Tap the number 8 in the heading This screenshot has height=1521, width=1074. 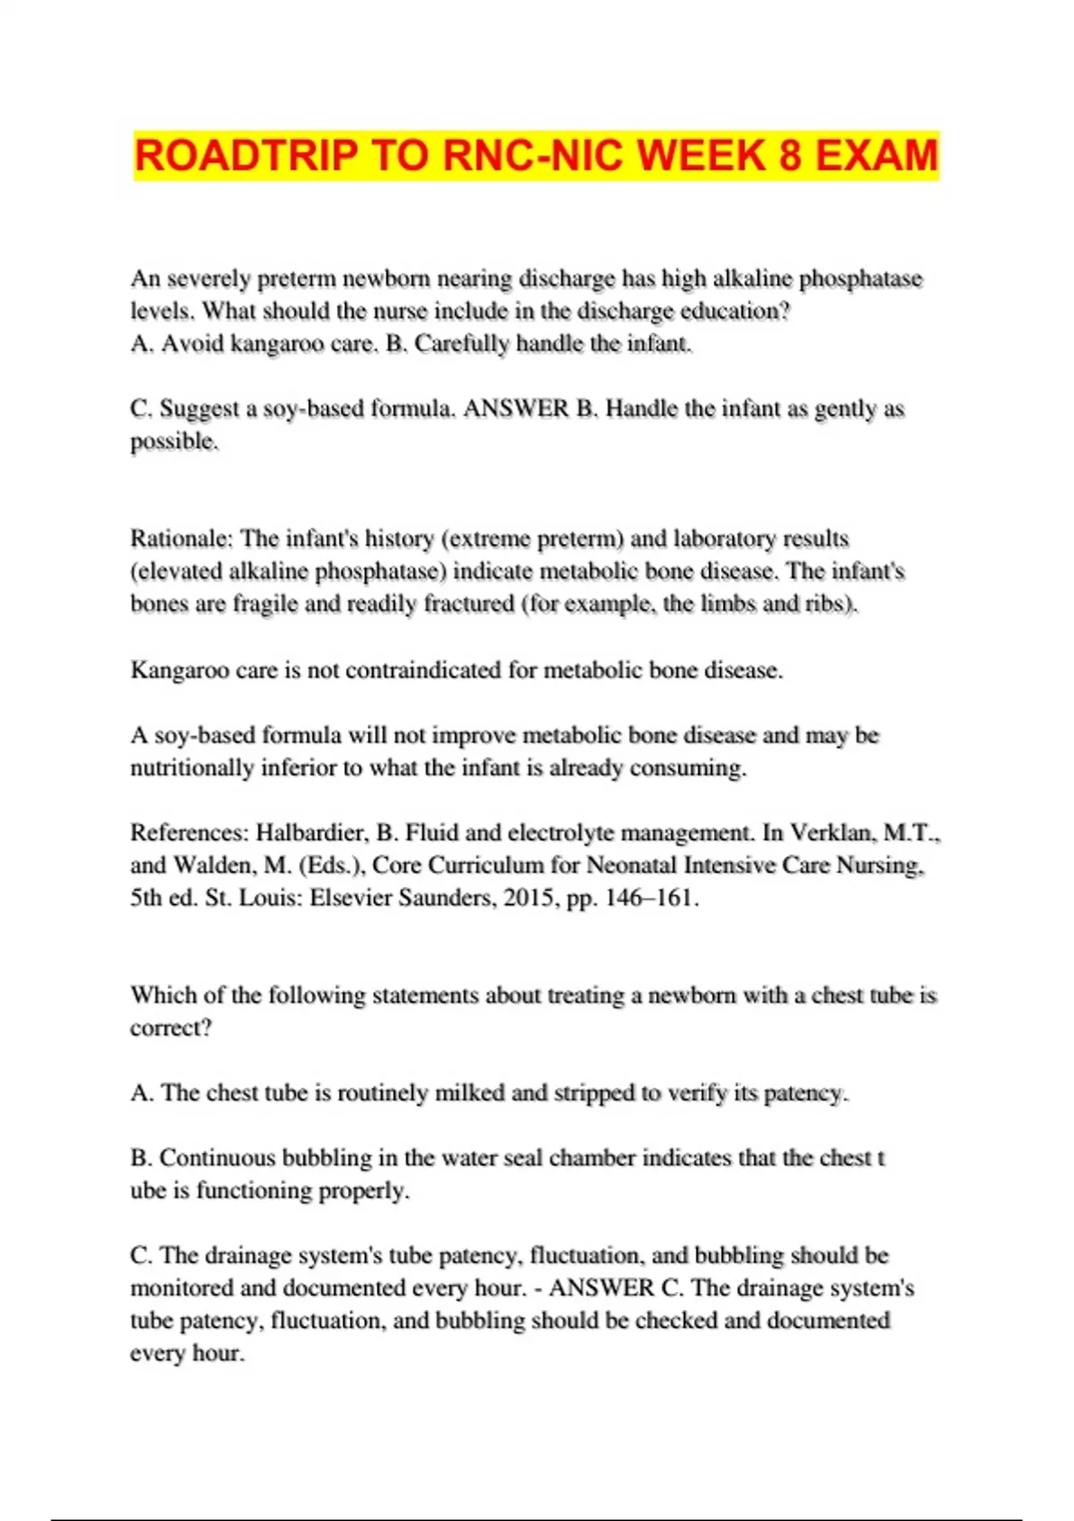789,156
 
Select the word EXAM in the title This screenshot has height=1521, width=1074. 876,156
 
